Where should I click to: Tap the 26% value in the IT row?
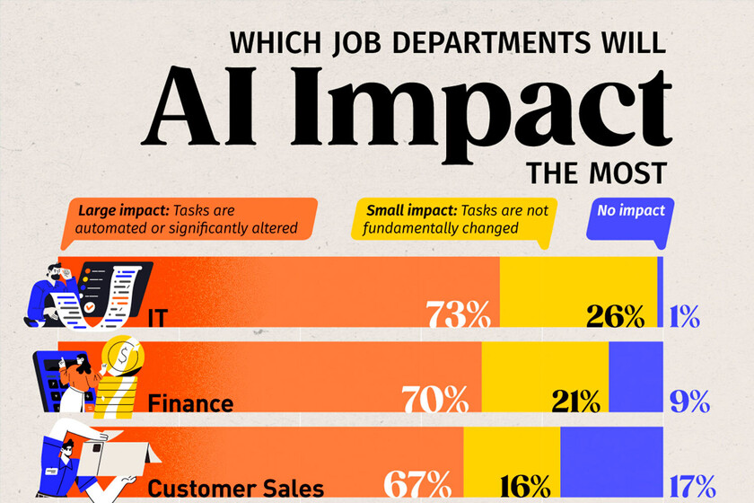pos(615,316)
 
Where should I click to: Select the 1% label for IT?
pos(684,316)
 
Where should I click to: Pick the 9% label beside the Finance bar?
pos(690,400)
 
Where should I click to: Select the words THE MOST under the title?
pos(597,171)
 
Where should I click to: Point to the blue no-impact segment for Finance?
pos(636,365)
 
